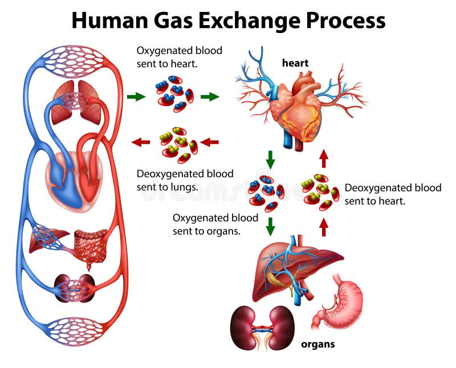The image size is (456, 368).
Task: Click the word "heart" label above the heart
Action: pyautogui.click(x=295, y=63)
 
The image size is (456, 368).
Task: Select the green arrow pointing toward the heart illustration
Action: pyautogui.click(x=210, y=96)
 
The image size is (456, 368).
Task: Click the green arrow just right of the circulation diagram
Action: pyautogui.click(x=136, y=96)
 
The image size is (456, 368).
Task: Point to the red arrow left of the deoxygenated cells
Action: pyautogui.click(x=141, y=142)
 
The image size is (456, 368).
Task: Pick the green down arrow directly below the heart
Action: pyautogui.click(x=271, y=160)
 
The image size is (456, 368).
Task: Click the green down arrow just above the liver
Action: pyautogui.click(x=271, y=226)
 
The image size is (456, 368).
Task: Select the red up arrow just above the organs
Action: pyautogui.click(x=324, y=227)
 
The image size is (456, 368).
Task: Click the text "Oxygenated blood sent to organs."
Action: pyautogui.click(x=215, y=224)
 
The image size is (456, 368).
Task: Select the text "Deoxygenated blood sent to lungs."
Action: pyautogui.click(x=185, y=180)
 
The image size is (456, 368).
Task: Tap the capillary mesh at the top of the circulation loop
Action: pyautogui.click(x=74, y=60)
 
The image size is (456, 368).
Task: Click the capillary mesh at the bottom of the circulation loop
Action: pyautogui.click(x=75, y=332)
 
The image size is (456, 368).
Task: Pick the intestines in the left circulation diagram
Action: pyautogui.click(x=91, y=245)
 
